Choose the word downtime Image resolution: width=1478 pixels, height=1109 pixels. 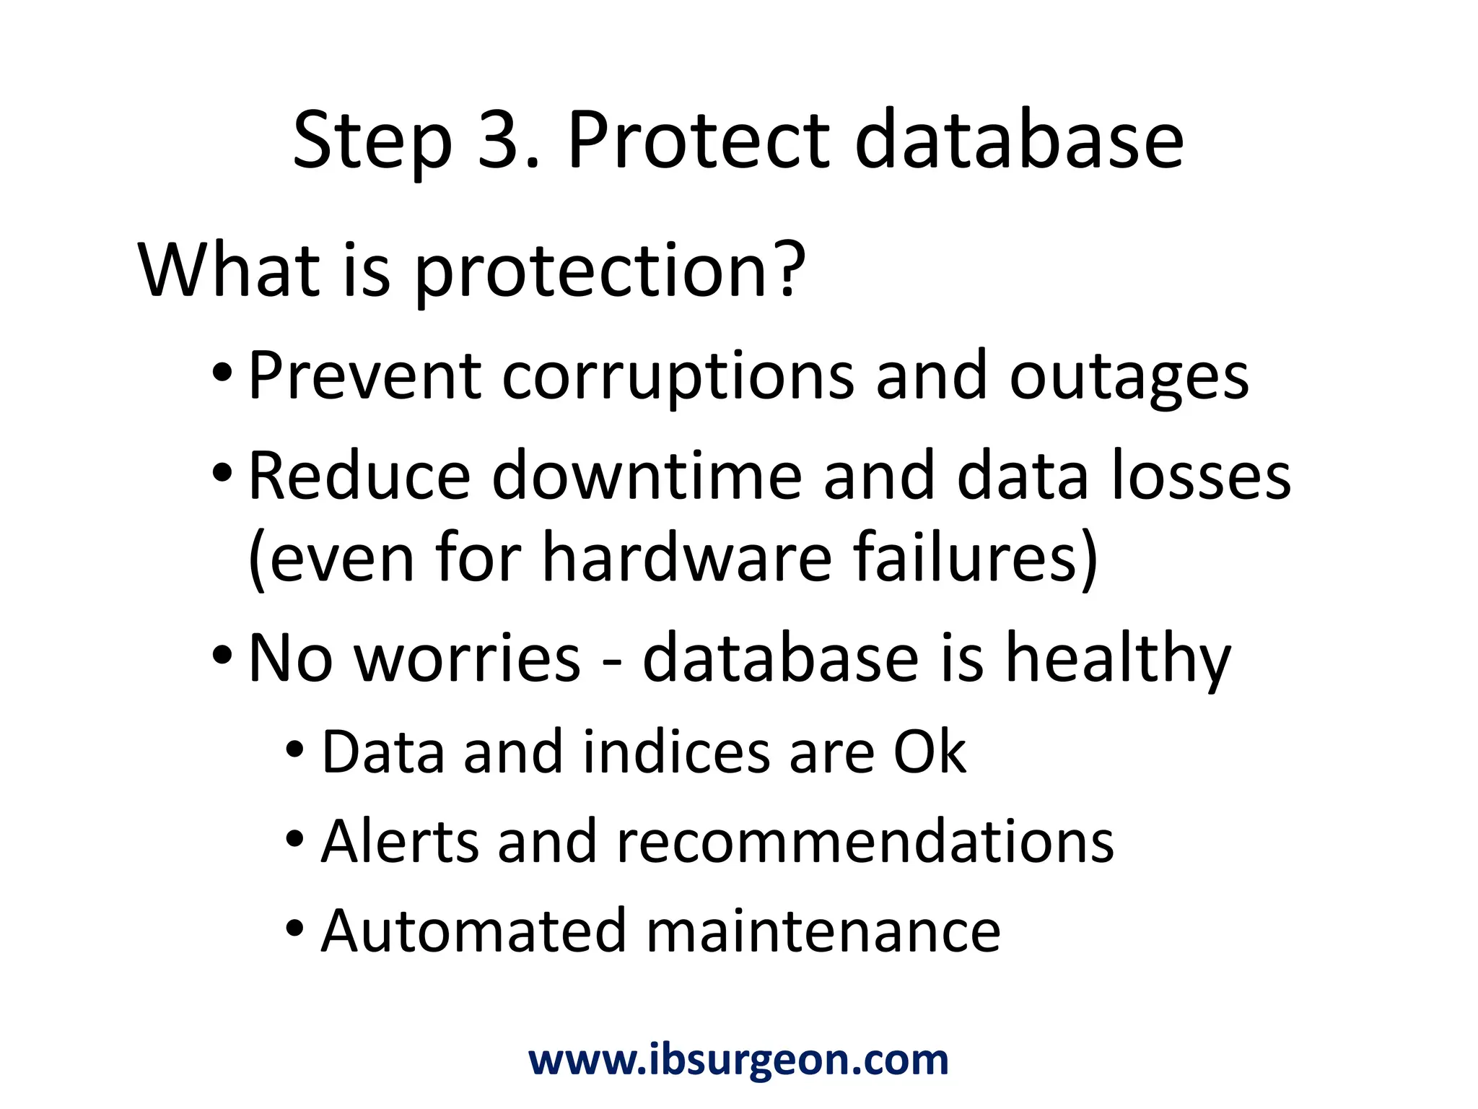[x=647, y=477]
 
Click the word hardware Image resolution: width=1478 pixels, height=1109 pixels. [x=687, y=557]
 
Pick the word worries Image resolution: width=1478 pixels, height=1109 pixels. [x=468, y=658]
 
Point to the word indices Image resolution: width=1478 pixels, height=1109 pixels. [x=676, y=752]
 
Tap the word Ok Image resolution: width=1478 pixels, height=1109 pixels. [x=930, y=752]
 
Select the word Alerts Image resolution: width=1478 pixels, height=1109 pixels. [x=401, y=842]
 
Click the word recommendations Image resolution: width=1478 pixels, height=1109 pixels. [x=865, y=842]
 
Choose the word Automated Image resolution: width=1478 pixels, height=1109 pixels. [x=473, y=931]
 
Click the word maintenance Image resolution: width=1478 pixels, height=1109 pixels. [x=823, y=931]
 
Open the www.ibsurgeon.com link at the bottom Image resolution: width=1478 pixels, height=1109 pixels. [x=738, y=1060]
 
